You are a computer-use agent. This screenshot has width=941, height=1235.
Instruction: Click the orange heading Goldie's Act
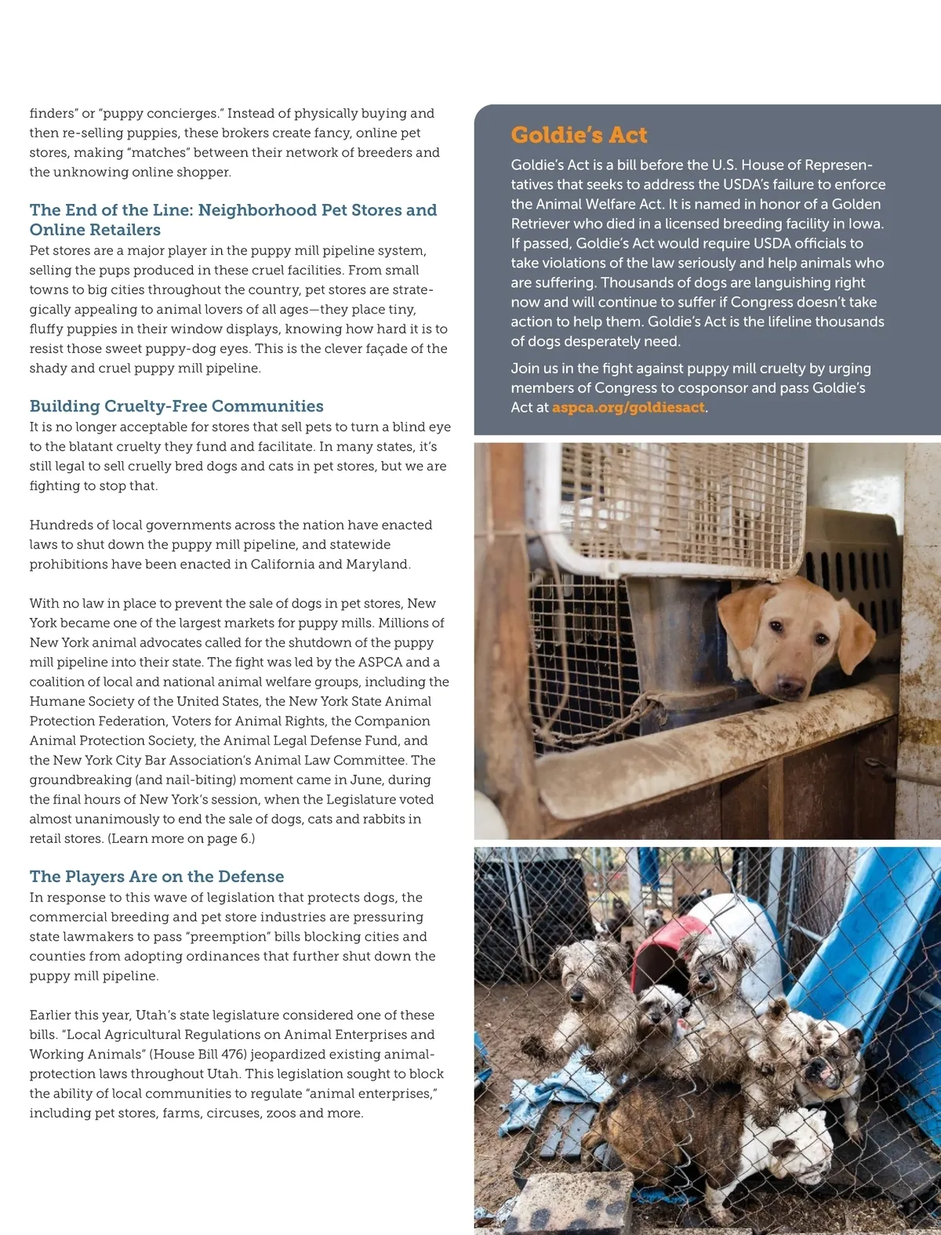point(579,135)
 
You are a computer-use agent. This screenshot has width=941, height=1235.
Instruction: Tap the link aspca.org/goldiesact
point(628,408)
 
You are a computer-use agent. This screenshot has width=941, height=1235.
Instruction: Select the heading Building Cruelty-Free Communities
point(176,406)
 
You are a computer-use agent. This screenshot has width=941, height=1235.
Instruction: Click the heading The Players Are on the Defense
point(157,877)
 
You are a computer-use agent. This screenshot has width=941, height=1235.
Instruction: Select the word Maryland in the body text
point(377,565)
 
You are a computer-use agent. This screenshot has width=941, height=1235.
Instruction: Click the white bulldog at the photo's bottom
point(788,1149)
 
